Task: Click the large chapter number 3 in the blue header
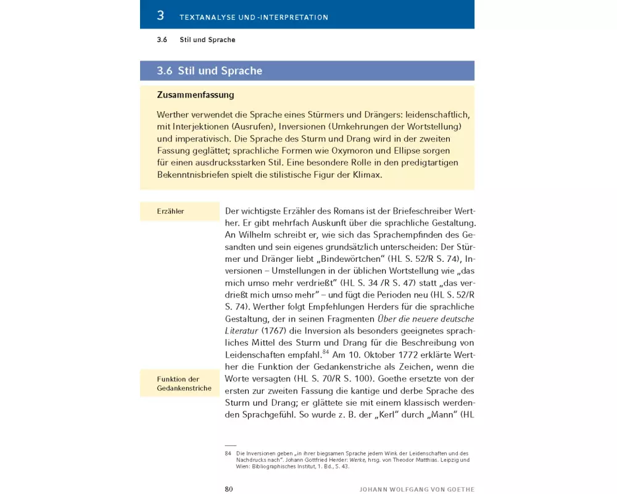click(x=160, y=15)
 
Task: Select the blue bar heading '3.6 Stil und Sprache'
click(x=210, y=71)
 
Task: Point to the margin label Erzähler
click(x=170, y=211)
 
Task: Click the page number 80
click(x=228, y=489)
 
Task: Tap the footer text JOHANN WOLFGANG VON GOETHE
click(x=417, y=489)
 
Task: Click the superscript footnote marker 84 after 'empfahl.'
click(x=325, y=352)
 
